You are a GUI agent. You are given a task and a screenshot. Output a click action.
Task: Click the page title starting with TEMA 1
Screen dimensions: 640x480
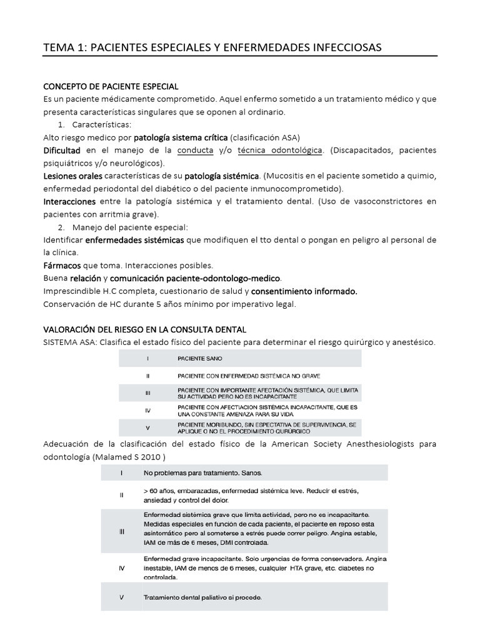click(211, 47)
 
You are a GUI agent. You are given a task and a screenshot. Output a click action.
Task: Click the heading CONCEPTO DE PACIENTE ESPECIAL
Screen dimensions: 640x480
click(111, 86)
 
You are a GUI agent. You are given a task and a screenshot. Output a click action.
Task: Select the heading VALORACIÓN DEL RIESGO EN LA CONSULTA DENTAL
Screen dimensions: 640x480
click(144, 329)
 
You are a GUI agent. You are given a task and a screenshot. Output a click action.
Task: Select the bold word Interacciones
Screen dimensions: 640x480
click(69, 202)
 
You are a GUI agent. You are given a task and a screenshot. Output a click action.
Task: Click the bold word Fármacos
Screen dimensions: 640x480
click(59, 265)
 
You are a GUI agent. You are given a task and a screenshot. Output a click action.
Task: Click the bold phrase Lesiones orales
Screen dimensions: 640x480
click(73, 176)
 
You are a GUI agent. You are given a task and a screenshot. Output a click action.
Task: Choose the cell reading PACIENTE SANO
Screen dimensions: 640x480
click(200, 359)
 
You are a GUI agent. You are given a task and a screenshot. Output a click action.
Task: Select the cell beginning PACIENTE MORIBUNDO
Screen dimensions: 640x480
click(267, 428)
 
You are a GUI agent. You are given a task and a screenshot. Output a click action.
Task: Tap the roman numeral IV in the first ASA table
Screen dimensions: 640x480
click(147, 411)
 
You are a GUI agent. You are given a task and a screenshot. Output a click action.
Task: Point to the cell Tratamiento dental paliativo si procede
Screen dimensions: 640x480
click(202, 597)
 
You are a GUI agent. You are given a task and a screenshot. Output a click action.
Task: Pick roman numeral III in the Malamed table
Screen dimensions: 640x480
click(122, 531)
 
